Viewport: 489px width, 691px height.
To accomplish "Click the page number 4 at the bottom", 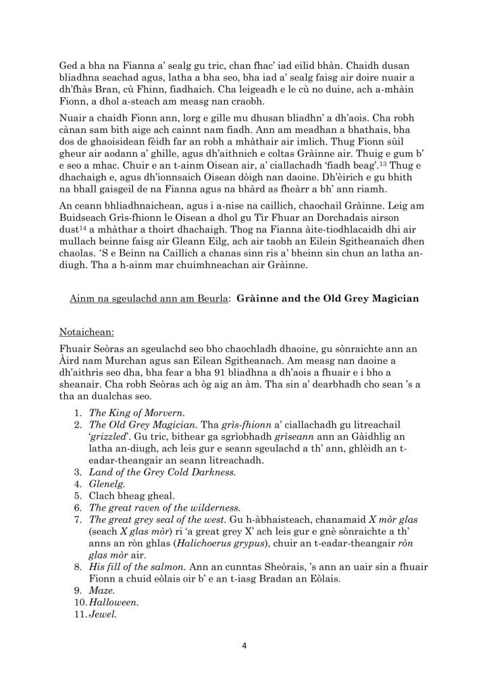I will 244,645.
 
